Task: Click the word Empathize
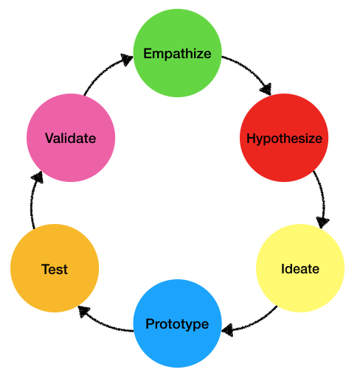click(x=177, y=54)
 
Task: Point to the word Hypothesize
click(x=284, y=139)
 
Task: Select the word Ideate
click(x=300, y=269)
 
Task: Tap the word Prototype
click(x=177, y=324)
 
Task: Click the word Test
click(x=55, y=270)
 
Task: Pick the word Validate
click(x=70, y=139)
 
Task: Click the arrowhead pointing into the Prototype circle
click(x=229, y=329)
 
